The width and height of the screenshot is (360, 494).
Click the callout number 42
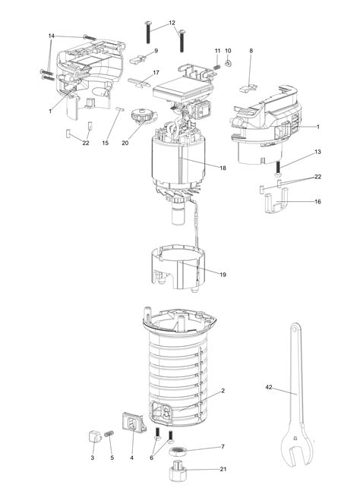(x=269, y=387)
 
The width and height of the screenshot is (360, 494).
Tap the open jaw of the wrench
(x=297, y=456)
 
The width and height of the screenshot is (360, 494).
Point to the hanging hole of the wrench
(x=295, y=329)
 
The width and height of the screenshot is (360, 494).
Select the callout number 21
(x=223, y=469)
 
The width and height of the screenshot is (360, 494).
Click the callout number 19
(x=223, y=275)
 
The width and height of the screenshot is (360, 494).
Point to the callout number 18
(x=223, y=168)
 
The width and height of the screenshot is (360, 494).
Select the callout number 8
(x=251, y=51)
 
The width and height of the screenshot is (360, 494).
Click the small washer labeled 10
(x=229, y=64)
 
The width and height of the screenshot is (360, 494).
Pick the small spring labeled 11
(x=217, y=67)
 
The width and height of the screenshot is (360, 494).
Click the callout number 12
(x=172, y=23)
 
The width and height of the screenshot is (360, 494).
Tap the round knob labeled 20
(x=143, y=115)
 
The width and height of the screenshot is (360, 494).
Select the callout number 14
(x=52, y=36)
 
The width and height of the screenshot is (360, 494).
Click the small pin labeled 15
(x=120, y=109)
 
